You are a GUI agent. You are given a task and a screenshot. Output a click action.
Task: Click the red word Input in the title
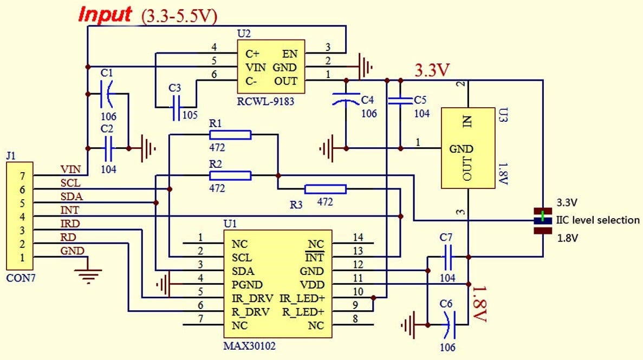point(105,15)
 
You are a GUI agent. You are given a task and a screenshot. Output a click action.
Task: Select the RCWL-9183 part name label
point(265,101)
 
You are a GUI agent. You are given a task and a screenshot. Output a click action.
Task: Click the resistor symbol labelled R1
point(230,135)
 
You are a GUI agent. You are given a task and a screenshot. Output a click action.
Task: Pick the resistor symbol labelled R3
point(325,189)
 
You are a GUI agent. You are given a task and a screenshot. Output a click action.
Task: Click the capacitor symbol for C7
point(447,257)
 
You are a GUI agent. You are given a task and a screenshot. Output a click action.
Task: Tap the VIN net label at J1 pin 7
point(70,169)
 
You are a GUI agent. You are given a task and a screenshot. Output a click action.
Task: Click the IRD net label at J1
point(70,224)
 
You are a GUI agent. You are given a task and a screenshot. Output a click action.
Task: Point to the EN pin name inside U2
point(289,54)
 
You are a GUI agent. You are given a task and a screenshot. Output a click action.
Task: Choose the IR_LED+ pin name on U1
point(302,298)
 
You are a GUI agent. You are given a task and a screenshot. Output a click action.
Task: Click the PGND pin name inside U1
point(246,285)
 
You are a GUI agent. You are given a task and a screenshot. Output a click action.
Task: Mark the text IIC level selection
point(598,220)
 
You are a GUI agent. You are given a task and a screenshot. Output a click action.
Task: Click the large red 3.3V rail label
point(432,70)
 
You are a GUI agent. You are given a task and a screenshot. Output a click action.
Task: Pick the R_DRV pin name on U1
point(250,312)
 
